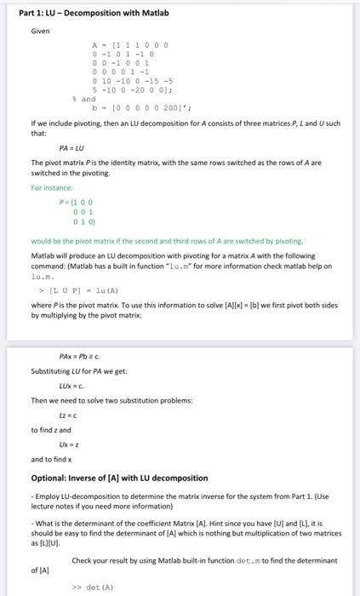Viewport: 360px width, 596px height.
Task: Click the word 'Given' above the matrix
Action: tap(40, 32)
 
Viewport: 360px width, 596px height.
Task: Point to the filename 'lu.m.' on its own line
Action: tap(43, 276)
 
